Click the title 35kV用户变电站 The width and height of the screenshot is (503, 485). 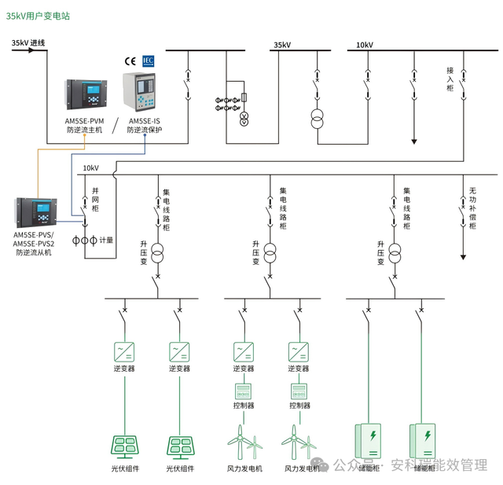[x=39, y=16]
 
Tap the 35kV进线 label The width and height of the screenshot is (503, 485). [x=28, y=43]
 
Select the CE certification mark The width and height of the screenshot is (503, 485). [x=130, y=61]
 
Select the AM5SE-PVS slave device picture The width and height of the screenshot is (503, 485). [x=33, y=211]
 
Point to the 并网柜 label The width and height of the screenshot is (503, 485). [x=95, y=201]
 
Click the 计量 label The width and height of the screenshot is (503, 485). [x=107, y=239]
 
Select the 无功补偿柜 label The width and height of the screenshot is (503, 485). [x=472, y=208]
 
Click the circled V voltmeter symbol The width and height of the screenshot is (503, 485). [x=244, y=119]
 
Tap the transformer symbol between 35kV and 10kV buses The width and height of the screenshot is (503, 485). [x=318, y=119]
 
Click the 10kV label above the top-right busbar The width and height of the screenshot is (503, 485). [x=364, y=45]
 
